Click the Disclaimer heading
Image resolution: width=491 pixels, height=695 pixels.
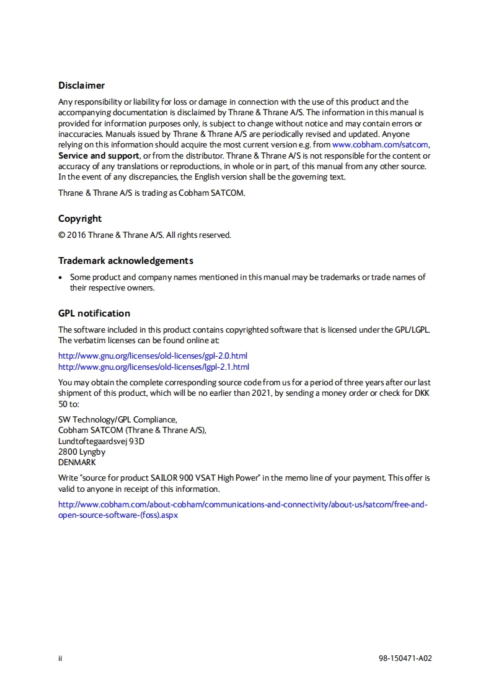coord(81,85)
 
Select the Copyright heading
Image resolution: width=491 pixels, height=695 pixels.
coord(80,219)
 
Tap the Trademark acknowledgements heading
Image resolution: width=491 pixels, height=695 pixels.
coord(126,261)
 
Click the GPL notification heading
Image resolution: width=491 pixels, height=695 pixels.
coord(94,313)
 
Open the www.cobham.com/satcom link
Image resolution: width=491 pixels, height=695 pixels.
coord(380,145)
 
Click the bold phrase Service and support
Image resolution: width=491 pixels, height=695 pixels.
coord(99,155)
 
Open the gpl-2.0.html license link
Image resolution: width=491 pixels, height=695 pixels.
coord(153,356)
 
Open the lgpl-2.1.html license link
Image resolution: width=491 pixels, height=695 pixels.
coord(153,367)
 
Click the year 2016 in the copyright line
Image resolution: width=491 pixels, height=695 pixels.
coord(77,235)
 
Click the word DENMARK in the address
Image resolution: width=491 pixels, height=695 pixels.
coord(77,462)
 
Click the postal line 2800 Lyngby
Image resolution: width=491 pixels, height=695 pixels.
coord(82,452)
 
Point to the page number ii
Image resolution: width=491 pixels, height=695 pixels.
coord(60,658)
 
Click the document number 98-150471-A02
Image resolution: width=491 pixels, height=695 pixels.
coord(405,658)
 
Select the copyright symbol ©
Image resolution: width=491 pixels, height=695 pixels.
coord(61,235)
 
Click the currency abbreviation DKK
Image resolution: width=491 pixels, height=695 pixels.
coord(422,393)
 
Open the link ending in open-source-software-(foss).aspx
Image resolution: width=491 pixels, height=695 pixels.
coord(118,515)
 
